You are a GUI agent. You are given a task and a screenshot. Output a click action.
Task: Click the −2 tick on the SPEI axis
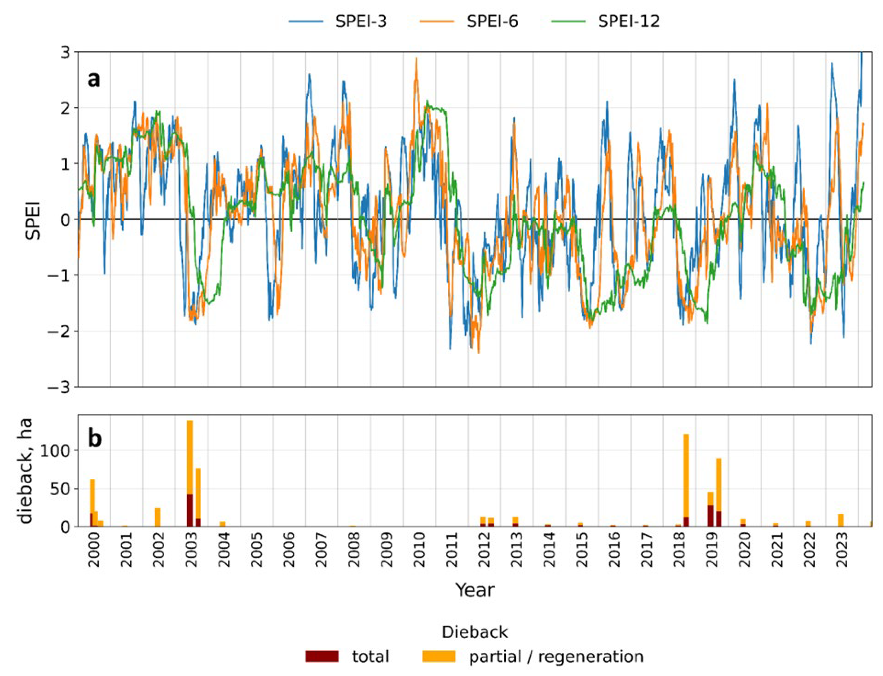tap(60, 331)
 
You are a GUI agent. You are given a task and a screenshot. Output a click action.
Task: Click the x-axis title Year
tap(474, 590)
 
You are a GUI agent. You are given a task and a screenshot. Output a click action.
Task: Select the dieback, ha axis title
tap(26, 471)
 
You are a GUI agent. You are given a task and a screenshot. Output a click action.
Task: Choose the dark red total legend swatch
tap(322, 656)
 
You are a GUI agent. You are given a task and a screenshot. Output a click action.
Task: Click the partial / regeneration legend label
tap(556, 656)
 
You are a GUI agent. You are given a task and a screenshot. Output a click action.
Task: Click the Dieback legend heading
tap(474, 632)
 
